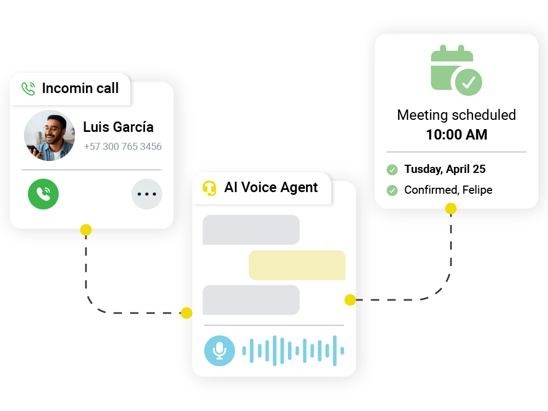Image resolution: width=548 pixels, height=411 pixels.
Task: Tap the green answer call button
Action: pyautogui.click(x=43, y=194)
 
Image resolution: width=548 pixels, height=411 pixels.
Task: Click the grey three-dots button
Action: pyautogui.click(x=147, y=194)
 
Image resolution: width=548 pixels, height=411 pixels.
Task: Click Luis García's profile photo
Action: pyautogui.click(x=50, y=136)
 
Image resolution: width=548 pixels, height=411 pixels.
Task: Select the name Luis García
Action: pyautogui.click(x=118, y=127)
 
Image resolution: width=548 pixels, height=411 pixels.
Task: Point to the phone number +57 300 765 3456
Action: pyautogui.click(x=123, y=147)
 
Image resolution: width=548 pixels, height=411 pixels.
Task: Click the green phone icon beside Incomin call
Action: pyautogui.click(x=28, y=89)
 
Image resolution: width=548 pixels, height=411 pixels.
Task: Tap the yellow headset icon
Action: pyautogui.click(x=209, y=188)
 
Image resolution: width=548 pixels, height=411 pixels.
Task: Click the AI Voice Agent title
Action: pyautogui.click(x=271, y=187)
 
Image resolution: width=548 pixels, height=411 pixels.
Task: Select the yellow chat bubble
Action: pyautogui.click(x=297, y=265)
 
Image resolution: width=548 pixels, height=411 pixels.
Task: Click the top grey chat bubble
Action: pyautogui.click(x=251, y=230)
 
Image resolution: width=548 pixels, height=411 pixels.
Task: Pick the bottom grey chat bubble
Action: pyautogui.click(x=251, y=300)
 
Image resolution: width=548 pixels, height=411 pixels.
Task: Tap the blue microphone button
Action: pyautogui.click(x=220, y=351)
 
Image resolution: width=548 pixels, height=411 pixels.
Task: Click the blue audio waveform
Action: pyautogui.click(x=293, y=350)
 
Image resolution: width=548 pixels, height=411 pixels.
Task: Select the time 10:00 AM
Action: pyautogui.click(x=457, y=135)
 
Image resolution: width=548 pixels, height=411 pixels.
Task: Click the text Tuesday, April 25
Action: pyautogui.click(x=445, y=169)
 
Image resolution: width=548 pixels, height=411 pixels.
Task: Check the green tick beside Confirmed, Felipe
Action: pyautogui.click(x=392, y=190)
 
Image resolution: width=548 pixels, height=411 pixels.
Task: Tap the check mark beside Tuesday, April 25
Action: pyautogui.click(x=392, y=170)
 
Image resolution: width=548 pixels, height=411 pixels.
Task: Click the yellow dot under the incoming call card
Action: pyautogui.click(x=86, y=230)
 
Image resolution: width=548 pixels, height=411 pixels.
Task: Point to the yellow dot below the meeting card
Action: pyautogui.click(x=451, y=209)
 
